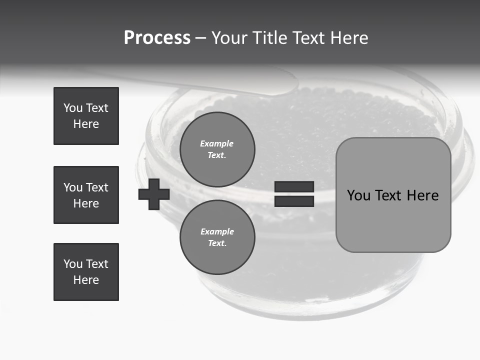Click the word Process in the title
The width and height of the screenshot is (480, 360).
point(157,38)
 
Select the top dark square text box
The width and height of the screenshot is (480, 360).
point(86,116)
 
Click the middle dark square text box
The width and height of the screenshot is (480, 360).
point(86,195)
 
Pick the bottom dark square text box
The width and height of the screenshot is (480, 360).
point(86,272)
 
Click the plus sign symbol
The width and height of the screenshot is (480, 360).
point(154,194)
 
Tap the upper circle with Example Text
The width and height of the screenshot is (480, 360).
point(217,149)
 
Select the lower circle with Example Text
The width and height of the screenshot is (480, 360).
point(217,237)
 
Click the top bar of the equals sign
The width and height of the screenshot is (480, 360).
point(294,187)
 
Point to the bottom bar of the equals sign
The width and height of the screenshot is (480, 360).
point(294,201)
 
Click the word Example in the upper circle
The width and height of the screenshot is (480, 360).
point(217,143)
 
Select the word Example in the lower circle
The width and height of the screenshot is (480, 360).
point(217,231)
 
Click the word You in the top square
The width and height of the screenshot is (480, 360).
point(72,108)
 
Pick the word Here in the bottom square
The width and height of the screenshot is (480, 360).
point(86,280)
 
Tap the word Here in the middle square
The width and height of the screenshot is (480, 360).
point(86,203)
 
